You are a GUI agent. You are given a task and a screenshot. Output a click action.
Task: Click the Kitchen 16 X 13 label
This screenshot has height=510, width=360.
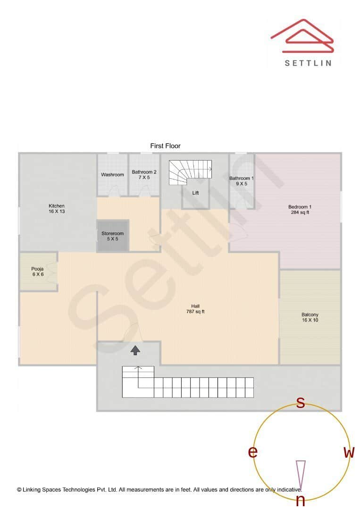point(57,209)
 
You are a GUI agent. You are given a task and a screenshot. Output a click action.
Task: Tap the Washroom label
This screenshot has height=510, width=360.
point(112,175)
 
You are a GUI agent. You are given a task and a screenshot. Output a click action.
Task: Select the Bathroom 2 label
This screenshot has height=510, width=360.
point(144,175)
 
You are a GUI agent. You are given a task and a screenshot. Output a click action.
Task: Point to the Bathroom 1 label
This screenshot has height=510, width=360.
point(242,181)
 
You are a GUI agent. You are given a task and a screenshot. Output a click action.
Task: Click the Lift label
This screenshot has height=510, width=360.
point(195,193)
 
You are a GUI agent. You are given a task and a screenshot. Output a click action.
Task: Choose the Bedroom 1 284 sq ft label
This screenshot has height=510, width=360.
point(300,209)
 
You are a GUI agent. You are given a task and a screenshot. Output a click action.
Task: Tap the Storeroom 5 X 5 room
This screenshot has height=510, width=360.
point(113,236)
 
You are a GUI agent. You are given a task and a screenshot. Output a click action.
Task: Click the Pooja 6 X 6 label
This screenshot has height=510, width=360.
point(37,272)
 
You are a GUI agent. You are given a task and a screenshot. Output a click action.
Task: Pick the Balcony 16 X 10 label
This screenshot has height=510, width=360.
point(310,317)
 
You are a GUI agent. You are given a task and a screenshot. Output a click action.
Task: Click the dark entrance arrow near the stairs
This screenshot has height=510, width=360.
point(135,350)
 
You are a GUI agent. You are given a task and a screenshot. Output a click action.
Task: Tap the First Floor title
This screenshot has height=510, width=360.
point(165,146)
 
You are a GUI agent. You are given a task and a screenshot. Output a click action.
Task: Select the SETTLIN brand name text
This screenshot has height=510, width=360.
point(308,62)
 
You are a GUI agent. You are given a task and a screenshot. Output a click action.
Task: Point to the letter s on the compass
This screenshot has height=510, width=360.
point(300,403)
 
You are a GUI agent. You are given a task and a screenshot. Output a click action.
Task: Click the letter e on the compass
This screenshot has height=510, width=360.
point(253,452)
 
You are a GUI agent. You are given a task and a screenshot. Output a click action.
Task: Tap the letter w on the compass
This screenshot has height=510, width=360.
point(349,452)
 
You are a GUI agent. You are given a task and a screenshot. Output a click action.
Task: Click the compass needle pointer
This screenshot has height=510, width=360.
point(301,475)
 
